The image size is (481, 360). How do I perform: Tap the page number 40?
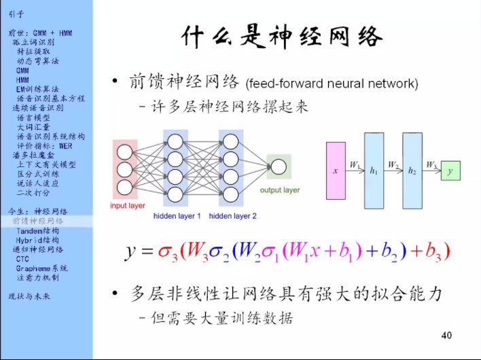pos(446,335)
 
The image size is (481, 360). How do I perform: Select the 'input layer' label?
pos(128,206)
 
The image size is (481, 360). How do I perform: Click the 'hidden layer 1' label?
pos(177,216)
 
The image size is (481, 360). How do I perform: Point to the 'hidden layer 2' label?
pos(233,216)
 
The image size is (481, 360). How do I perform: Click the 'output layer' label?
pos(280,190)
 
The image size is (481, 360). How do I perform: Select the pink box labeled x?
pos(336,170)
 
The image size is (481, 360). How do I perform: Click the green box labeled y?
pos(449,171)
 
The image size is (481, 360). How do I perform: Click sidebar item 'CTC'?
pos(22,259)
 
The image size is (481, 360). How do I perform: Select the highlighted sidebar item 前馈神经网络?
pos(38,221)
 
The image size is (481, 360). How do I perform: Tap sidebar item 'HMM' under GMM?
pos(22,79)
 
